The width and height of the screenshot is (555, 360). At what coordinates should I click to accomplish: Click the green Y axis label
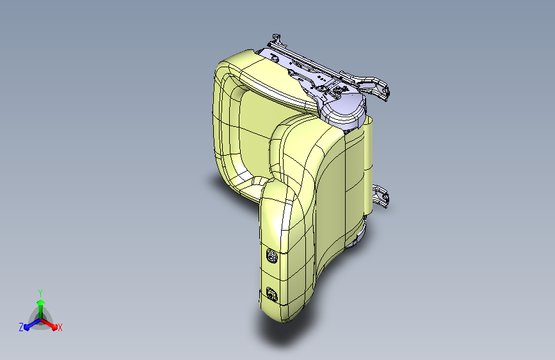(x=40, y=293)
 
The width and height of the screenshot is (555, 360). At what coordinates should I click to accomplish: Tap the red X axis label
(x=60, y=327)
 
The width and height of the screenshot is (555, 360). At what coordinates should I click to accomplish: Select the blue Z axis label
(x=21, y=327)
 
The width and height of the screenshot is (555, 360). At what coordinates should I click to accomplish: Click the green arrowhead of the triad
(x=41, y=302)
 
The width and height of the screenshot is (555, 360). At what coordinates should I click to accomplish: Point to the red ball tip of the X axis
(x=54, y=327)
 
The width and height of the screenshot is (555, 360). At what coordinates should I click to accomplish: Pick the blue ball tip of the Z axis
(x=27, y=327)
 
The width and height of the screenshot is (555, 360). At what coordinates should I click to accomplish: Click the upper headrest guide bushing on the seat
(x=271, y=256)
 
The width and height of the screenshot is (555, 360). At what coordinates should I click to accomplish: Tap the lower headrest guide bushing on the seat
(x=271, y=294)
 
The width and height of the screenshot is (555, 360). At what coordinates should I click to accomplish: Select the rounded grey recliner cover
(x=343, y=108)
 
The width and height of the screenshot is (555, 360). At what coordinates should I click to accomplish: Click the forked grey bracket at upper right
(x=372, y=85)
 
